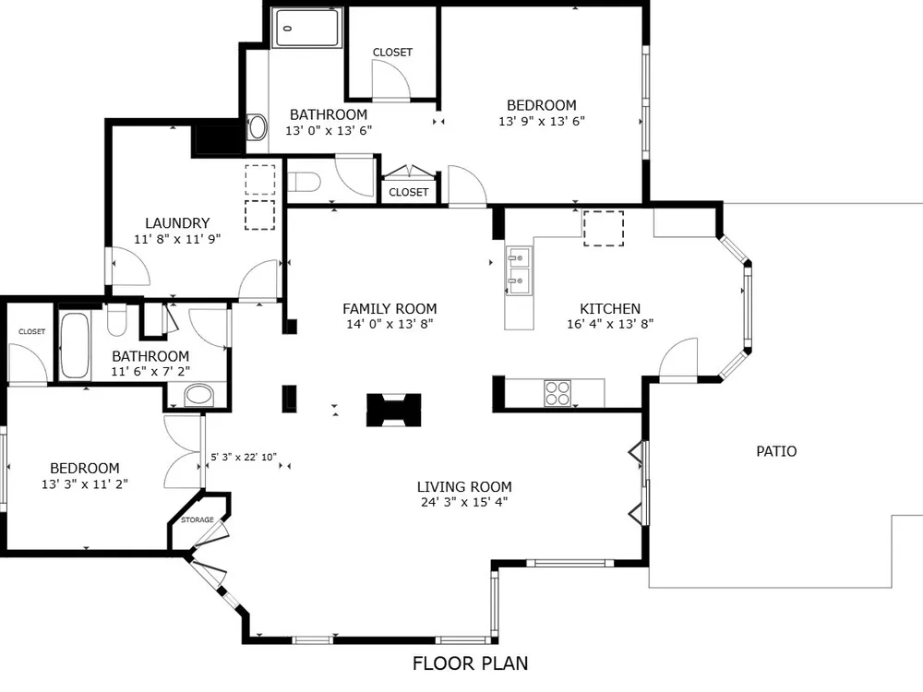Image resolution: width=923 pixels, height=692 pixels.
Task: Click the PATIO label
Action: click(x=776, y=451)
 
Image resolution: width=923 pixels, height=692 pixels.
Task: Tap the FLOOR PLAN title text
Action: click(x=471, y=663)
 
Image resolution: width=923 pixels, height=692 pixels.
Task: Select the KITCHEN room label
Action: click(x=610, y=308)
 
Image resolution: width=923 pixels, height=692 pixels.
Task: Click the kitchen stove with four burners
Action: click(x=557, y=393)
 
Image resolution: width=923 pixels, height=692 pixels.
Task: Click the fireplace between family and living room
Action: click(x=394, y=410)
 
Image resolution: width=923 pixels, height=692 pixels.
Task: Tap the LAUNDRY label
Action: click(x=177, y=223)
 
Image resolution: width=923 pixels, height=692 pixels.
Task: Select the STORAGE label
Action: click(x=198, y=519)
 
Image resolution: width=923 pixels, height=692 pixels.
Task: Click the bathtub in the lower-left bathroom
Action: click(x=76, y=345)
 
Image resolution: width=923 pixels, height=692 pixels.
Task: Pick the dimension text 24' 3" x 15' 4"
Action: click(x=464, y=502)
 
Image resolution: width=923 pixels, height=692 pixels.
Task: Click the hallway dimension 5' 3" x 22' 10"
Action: click(x=244, y=457)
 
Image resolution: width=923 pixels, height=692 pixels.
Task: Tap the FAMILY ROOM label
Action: click(x=390, y=308)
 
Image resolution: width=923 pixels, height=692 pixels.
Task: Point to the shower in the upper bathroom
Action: click(x=306, y=28)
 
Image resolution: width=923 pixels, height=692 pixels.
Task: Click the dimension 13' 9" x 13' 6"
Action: click(x=542, y=121)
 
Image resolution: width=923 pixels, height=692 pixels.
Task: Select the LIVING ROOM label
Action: click(x=464, y=486)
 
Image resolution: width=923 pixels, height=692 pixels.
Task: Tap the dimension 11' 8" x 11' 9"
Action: click(x=177, y=239)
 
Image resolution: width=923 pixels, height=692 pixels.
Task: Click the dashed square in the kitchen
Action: click(x=604, y=228)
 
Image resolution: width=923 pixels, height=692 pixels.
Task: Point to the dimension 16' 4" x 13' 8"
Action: click(x=610, y=324)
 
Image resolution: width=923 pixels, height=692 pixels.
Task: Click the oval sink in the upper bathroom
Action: click(x=258, y=127)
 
